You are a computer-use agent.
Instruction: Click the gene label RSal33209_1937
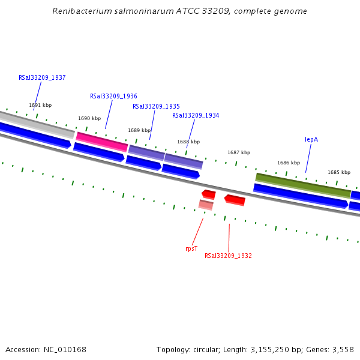(42, 77)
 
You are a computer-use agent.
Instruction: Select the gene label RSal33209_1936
(113, 96)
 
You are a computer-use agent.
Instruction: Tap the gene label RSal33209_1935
(156, 106)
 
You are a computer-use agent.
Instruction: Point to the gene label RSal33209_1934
(196, 115)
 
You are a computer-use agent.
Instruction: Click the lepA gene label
(311, 139)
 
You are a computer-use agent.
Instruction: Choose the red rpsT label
(191, 248)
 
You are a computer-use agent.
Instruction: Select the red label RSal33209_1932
(228, 256)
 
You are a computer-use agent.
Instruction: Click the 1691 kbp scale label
(40, 105)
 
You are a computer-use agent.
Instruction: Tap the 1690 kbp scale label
(89, 118)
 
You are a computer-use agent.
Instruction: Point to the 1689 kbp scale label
(139, 130)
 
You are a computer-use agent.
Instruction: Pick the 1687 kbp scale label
(239, 152)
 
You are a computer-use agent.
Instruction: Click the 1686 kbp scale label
(289, 163)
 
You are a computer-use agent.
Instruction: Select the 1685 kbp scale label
(339, 172)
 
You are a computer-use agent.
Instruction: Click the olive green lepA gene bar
(303, 185)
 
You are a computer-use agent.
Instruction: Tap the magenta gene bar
(101, 142)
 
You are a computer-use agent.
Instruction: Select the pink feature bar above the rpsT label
(206, 205)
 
